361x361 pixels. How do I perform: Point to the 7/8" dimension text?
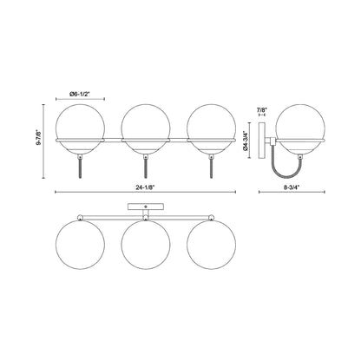point(263,109)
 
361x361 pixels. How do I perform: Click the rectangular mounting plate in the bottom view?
point(145,207)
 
